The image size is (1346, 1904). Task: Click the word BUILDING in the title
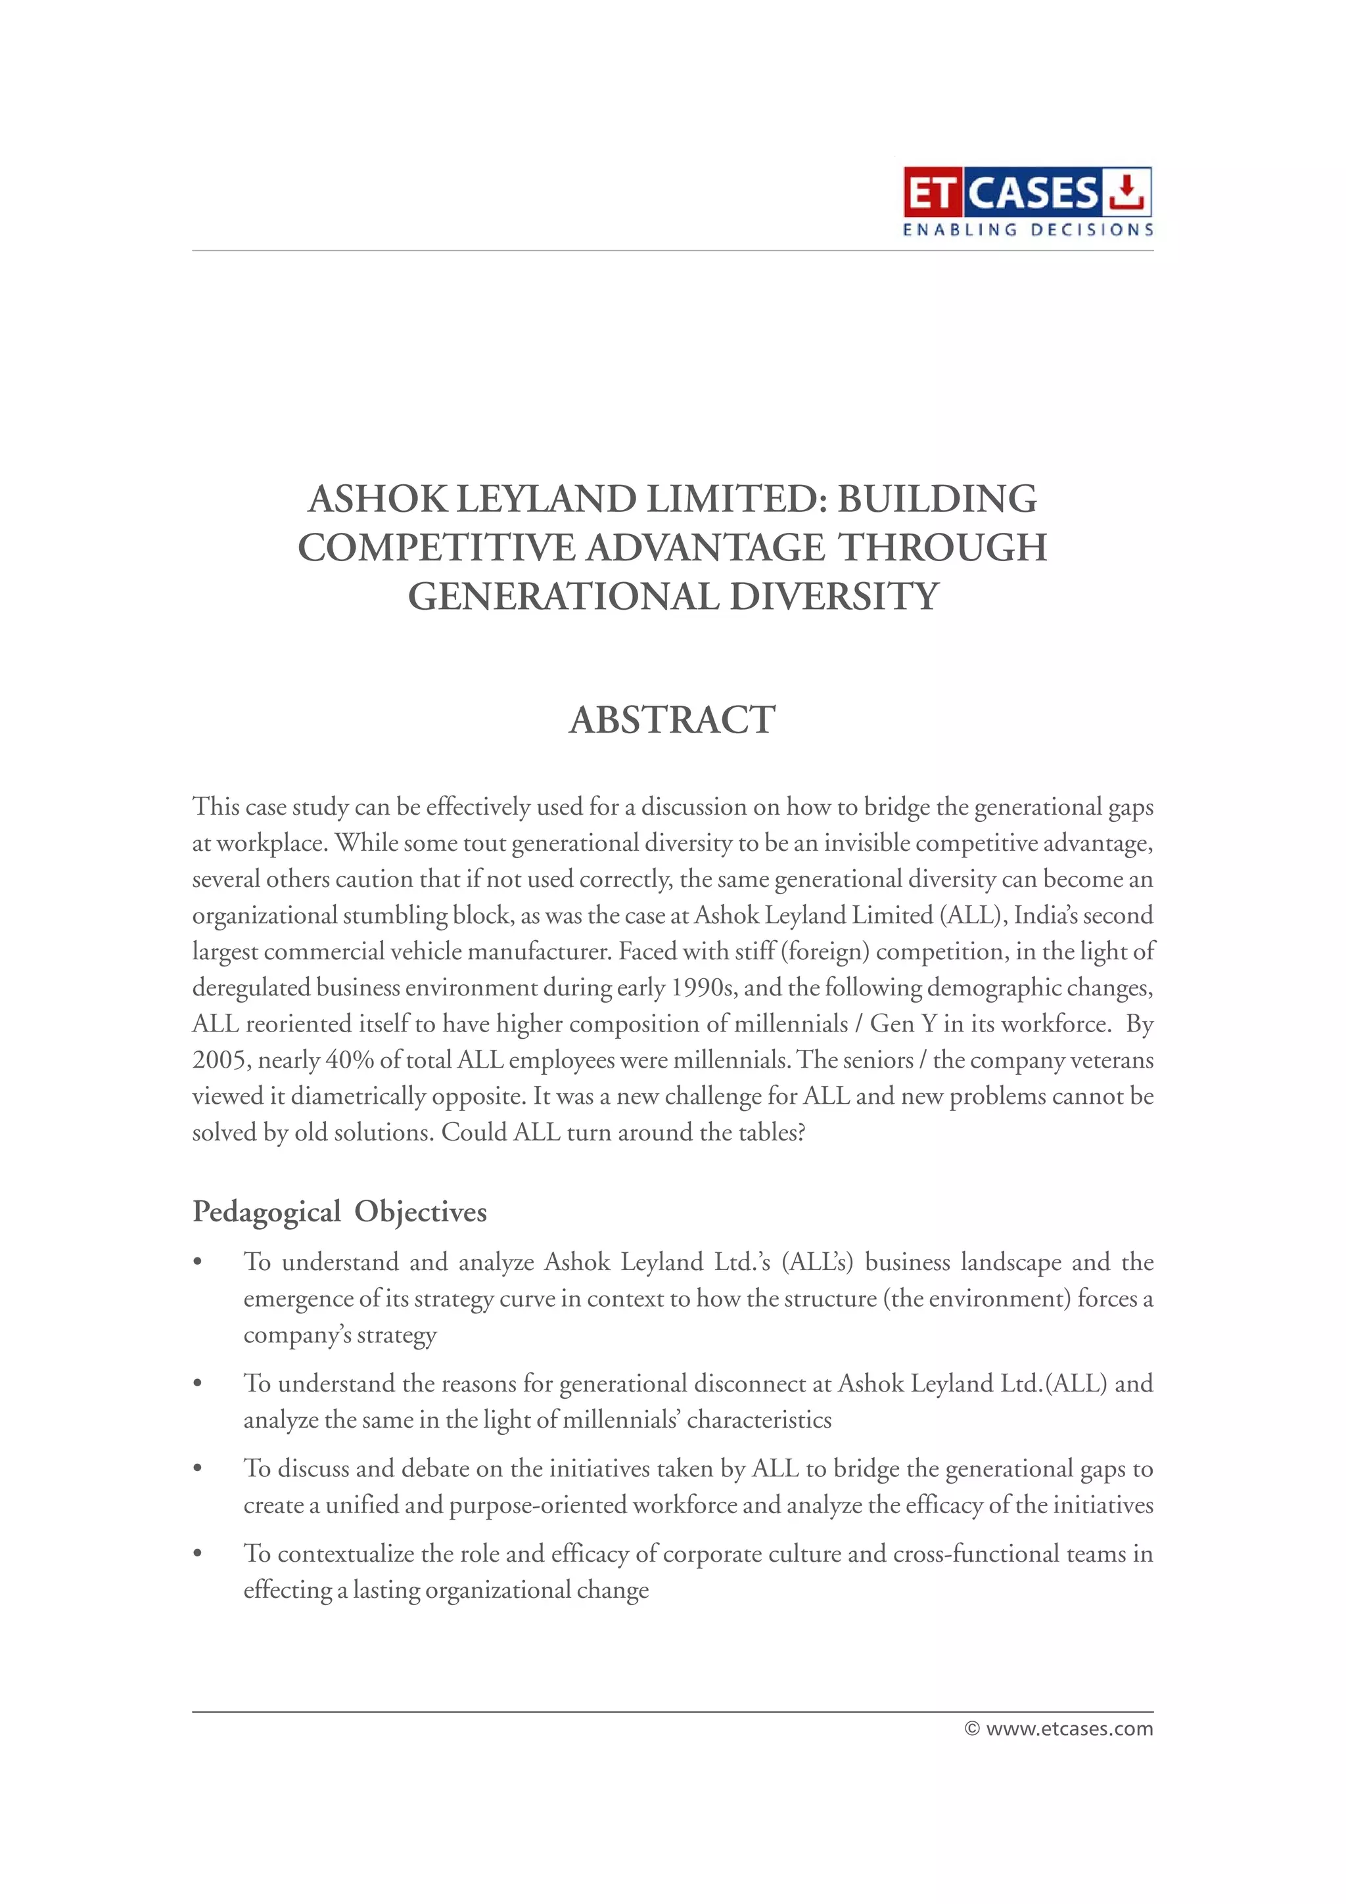click(937, 499)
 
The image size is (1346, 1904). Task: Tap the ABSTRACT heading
click(672, 720)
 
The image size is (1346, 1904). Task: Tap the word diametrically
click(361, 1097)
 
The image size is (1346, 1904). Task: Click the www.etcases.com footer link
click(1069, 1729)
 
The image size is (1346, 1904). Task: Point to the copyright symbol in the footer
click(973, 1729)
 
